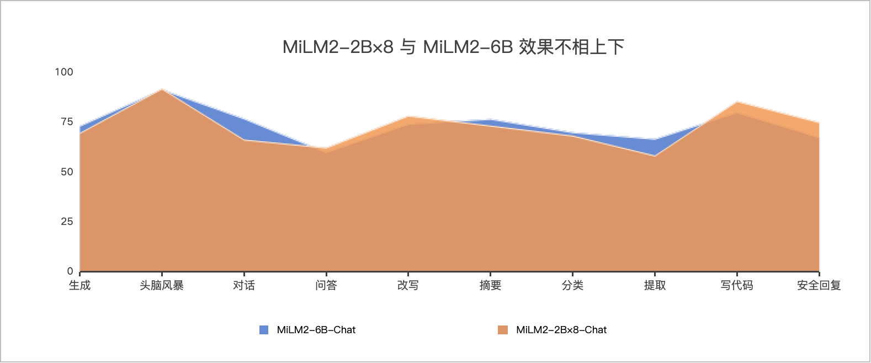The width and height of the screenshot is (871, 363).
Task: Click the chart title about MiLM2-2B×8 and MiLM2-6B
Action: point(453,47)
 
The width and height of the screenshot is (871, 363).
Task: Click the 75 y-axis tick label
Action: point(66,122)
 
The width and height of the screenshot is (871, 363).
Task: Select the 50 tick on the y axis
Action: point(66,172)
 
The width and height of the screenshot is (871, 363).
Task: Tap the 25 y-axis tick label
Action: point(66,222)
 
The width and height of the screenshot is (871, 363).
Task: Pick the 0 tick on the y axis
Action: point(70,271)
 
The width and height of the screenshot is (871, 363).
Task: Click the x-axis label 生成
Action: point(79,286)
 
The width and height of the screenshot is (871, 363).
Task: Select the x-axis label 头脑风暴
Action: point(162,286)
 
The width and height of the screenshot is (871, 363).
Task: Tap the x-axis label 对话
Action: point(244,286)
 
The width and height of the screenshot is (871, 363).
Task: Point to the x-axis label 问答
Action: point(326,286)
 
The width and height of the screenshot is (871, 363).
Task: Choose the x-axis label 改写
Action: point(408,286)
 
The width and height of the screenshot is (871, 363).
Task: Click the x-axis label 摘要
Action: point(490,286)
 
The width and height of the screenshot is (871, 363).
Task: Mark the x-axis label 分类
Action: point(572,286)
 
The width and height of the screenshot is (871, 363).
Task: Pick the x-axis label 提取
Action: point(655,286)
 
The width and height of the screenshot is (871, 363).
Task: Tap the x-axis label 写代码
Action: point(736,286)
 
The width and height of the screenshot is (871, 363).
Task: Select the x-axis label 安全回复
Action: point(819,286)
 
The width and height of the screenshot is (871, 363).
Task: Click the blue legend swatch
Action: point(264,330)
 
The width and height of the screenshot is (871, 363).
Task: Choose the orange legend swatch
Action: point(503,330)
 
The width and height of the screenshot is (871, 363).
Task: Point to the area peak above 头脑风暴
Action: point(162,89)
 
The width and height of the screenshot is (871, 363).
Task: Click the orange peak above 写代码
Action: point(737,102)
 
